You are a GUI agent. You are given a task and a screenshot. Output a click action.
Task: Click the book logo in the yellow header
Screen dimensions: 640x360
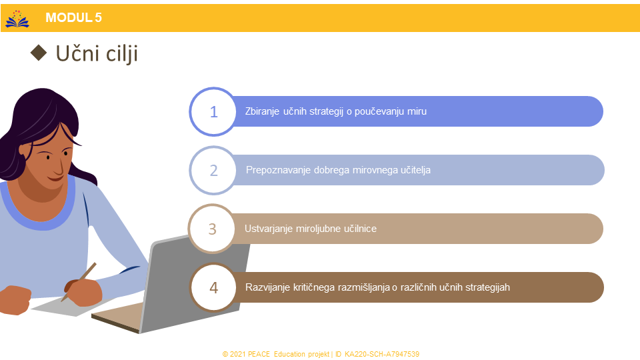point(17,19)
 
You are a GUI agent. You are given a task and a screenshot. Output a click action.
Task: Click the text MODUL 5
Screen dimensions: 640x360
point(73,17)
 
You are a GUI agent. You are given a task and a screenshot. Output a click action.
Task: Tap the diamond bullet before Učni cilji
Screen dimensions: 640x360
point(39,53)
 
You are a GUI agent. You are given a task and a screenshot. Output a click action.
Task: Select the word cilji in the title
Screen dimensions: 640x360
point(121,54)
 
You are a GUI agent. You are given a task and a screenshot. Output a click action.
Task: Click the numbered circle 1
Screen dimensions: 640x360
point(213,111)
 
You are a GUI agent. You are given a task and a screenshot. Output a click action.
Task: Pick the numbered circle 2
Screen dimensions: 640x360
point(213,170)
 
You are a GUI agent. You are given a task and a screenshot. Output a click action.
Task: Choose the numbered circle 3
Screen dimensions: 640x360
point(212,229)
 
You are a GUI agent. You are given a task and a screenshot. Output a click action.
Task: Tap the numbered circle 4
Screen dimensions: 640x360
point(213,288)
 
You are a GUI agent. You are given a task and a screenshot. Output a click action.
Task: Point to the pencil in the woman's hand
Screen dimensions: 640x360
point(79,281)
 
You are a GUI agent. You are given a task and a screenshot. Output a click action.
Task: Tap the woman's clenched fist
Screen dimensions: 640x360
point(15,300)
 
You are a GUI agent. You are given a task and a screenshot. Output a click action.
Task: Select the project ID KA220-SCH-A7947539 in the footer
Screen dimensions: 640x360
point(381,354)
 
